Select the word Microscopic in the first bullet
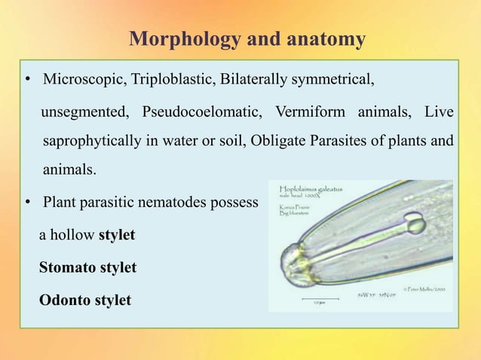[85, 79]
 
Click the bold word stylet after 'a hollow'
[117, 235]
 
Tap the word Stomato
[66, 267]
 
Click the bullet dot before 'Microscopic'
[26, 80]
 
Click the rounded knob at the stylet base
[414, 224]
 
